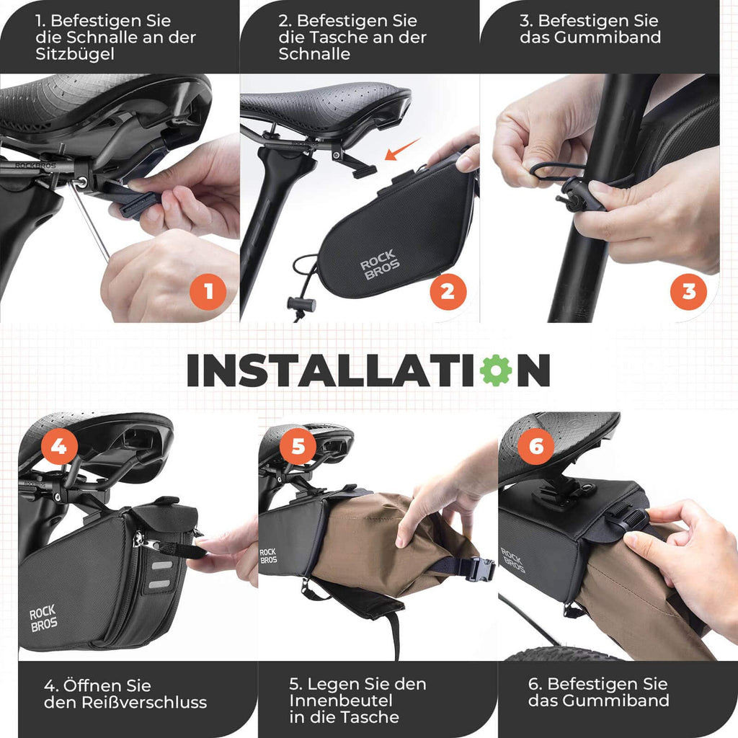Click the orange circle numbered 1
208,292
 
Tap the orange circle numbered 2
448,292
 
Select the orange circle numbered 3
688,292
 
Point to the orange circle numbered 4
59,445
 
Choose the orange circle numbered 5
298,445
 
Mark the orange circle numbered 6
536,445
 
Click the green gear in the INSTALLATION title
496,370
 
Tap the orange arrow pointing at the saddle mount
402,148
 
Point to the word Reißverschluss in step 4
144,702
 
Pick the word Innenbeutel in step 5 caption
341,701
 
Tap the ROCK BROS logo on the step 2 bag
379,264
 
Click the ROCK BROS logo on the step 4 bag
43,618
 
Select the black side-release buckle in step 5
481,568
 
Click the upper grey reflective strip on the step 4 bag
162,565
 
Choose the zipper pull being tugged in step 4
151,544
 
